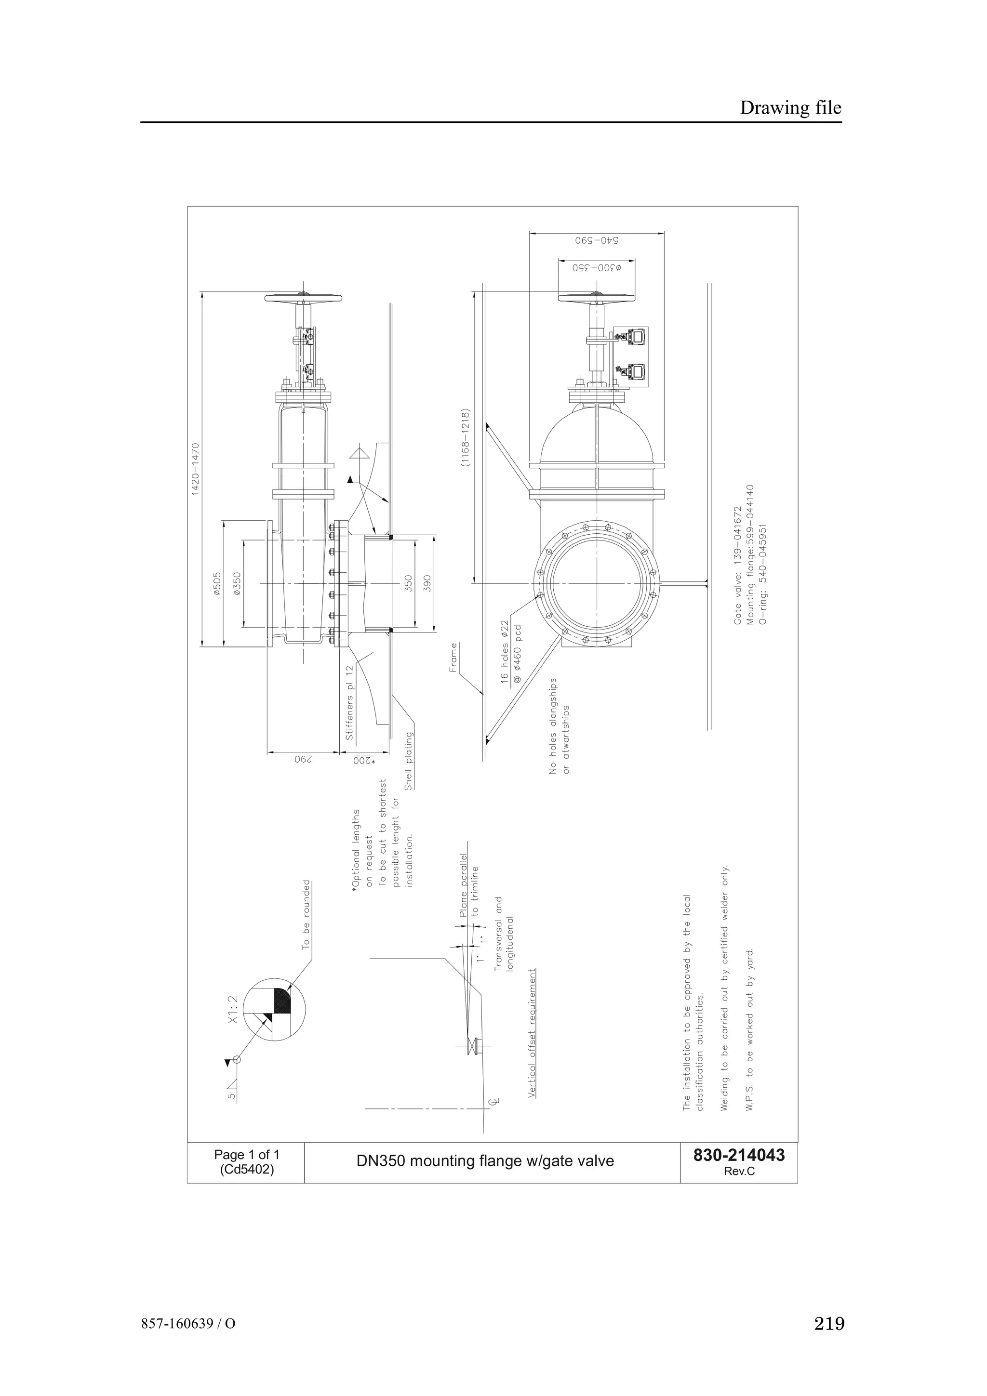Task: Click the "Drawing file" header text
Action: [790, 108]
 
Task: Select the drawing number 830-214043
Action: [738, 1155]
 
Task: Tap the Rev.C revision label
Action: [739, 1172]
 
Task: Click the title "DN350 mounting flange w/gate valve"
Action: [485, 1161]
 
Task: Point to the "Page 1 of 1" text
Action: [246, 1155]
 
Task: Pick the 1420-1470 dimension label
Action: [196, 469]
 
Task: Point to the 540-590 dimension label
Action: [596, 240]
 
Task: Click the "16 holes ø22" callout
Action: [504, 652]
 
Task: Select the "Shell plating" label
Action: [409, 760]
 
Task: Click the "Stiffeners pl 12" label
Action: [349, 702]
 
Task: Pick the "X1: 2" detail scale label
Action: [232, 1010]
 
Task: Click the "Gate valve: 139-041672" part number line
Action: [738, 566]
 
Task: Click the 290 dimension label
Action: [303, 759]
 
